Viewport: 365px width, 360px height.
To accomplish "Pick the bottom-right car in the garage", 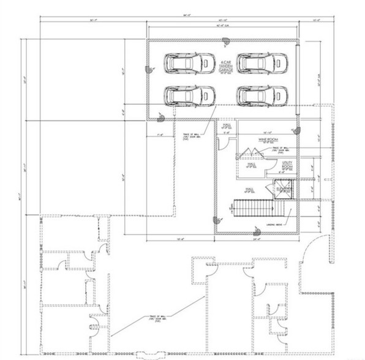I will [260, 95].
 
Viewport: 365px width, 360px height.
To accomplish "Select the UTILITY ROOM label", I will [287, 166].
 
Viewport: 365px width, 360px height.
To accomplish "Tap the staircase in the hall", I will [260, 208].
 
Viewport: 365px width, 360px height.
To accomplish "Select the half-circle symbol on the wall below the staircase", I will [255, 231].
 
